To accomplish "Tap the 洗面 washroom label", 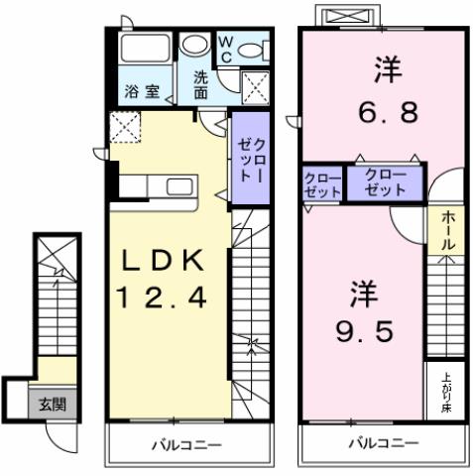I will click(201, 85).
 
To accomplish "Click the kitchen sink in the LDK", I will click(180, 187).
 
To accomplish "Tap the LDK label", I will click(163, 261).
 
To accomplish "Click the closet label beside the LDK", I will click(247, 152).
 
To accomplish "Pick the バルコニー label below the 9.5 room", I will click(382, 443).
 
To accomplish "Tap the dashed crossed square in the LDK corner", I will click(126, 127).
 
